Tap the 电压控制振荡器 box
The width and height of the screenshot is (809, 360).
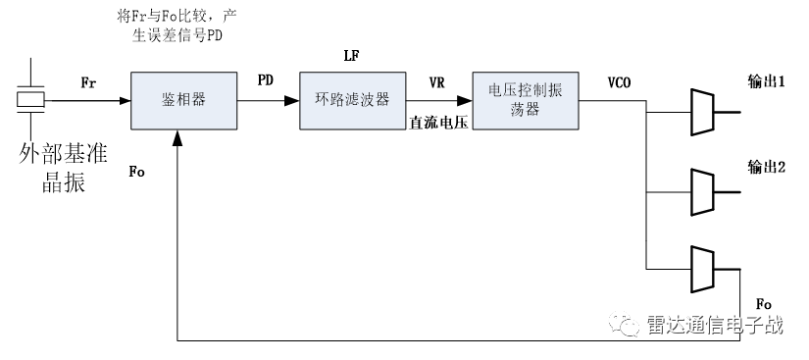pos(527,99)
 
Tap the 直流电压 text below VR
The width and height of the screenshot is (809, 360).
pos(438,121)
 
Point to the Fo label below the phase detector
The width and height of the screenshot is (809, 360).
pos(137,172)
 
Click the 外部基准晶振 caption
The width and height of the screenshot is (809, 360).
pos(62,169)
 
